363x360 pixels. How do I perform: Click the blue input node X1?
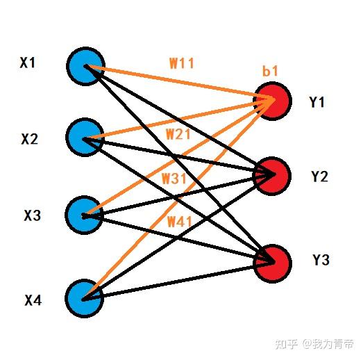(85, 65)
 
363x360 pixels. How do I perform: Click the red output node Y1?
(272, 101)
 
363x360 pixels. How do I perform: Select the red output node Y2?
(272, 174)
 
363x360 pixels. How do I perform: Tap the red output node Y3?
(272, 263)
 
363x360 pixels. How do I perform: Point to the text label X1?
(28, 63)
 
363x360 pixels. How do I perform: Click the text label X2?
(30, 139)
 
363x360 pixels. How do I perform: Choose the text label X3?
(33, 216)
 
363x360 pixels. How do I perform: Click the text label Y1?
(317, 103)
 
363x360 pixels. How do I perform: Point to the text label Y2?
(319, 177)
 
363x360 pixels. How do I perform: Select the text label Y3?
(320, 261)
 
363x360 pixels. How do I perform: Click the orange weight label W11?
(182, 63)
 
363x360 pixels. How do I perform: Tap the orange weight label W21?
(178, 134)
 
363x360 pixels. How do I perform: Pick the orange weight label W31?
(175, 179)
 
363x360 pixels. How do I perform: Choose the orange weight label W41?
(180, 222)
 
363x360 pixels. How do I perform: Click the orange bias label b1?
(270, 71)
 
